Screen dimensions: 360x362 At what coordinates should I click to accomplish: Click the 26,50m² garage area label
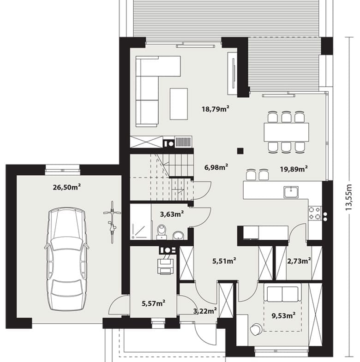(x=67, y=187)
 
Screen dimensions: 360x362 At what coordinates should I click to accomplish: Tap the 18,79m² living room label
(x=216, y=108)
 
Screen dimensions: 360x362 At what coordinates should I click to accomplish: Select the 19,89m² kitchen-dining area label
(x=294, y=169)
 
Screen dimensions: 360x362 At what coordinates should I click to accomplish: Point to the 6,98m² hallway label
(x=216, y=167)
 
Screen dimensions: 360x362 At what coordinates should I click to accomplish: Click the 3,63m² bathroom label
(x=172, y=214)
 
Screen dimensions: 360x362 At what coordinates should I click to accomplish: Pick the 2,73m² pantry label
(x=299, y=261)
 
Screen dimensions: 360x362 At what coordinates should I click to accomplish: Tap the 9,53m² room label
(x=283, y=315)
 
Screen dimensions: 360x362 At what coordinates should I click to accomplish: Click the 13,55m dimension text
(x=348, y=197)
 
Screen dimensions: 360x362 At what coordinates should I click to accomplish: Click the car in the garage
(x=66, y=259)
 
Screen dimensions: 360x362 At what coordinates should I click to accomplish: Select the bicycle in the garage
(x=112, y=222)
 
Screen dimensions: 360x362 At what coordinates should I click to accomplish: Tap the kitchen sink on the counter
(x=291, y=192)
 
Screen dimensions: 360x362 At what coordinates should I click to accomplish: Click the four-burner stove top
(x=315, y=213)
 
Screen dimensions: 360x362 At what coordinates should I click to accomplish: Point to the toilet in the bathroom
(x=162, y=232)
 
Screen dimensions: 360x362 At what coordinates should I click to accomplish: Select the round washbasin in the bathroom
(x=178, y=236)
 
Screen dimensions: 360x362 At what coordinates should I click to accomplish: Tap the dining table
(x=286, y=132)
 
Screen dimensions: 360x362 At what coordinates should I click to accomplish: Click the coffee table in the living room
(x=179, y=104)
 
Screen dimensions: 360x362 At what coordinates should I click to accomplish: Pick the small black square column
(x=240, y=151)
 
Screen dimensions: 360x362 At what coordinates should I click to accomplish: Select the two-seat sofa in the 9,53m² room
(x=282, y=294)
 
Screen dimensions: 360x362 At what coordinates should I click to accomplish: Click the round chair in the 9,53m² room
(x=256, y=329)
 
